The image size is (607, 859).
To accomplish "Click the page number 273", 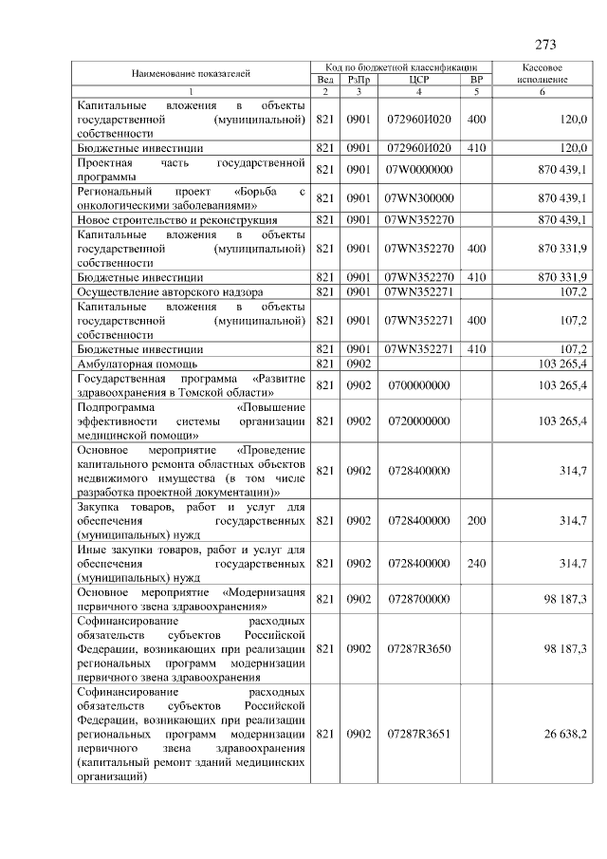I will [545, 45].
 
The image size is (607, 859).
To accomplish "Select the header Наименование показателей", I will [191, 73].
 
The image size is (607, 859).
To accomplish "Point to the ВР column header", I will [476, 81].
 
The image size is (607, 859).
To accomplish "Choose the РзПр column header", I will [357, 81].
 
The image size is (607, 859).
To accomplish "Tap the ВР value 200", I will [476, 521].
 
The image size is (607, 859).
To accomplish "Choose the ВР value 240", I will [476, 563].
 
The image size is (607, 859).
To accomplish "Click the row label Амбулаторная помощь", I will [138, 364].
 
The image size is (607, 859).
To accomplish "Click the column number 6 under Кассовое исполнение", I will [543, 91].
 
